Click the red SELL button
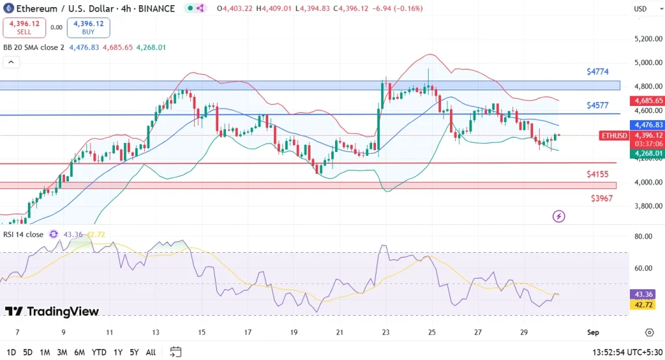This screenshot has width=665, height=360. [x=24, y=27]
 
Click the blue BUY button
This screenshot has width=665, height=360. [x=88, y=27]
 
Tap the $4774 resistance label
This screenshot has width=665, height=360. [x=597, y=71]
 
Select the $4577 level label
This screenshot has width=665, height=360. [x=597, y=105]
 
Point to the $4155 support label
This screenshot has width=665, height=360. [x=597, y=174]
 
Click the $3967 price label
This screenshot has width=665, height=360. [x=601, y=198]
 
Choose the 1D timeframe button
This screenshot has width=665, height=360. [x=11, y=352]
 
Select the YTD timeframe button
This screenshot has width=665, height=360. [x=99, y=352]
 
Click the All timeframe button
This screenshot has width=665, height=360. [x=151, y=352]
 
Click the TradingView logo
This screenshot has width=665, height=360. [x=52, y=312]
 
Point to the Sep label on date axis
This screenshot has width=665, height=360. [x=592, y=332]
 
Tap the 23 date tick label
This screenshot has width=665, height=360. [x=385, y=332]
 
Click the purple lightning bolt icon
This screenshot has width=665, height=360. [x=558, y=216]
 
